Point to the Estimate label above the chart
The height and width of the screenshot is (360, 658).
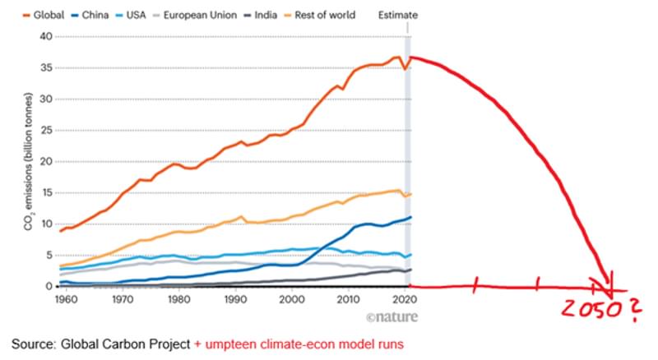[x=398, y=15]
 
